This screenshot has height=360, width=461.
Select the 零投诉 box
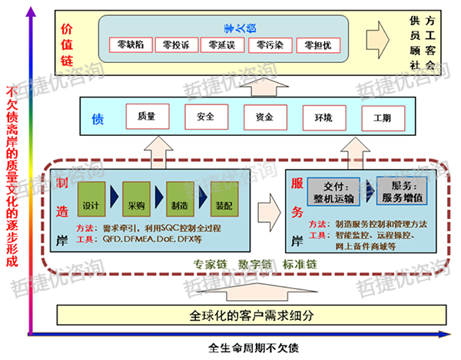(175, 45)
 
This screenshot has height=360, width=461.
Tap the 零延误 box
(222, 45)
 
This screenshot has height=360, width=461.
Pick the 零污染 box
(270, 45)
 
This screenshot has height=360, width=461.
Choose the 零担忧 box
(317, 45)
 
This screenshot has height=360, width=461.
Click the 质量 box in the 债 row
(148, 118)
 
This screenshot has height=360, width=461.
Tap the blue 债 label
(98, 119)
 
